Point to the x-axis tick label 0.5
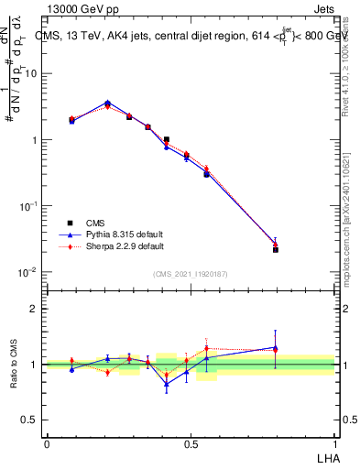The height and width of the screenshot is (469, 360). [191, 442]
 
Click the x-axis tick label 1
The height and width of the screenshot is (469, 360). [335, 442]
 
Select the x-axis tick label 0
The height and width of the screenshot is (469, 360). [47, 442]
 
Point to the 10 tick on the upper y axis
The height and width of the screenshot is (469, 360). [33, 73]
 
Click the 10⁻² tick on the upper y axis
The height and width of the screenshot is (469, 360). [29, 272]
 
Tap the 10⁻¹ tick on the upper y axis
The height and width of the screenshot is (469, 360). [29, 206]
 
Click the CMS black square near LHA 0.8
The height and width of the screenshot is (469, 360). [276, 249]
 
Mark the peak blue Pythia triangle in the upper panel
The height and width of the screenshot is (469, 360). [107, 103]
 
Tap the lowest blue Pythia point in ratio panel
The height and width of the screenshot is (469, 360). [167, 385]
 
